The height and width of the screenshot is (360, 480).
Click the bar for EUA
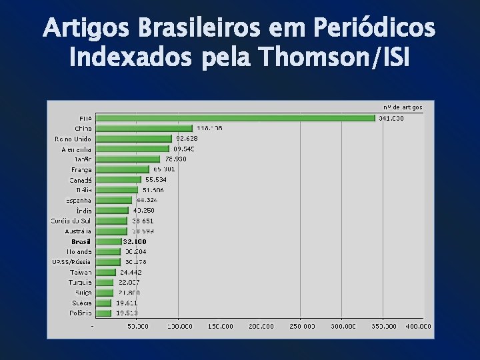point(235,118)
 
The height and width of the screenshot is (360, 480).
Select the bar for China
point(143,128)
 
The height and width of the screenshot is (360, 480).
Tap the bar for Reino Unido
point(133,139)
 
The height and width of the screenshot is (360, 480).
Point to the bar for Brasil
point(107,241)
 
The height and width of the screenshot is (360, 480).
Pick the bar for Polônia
point(103,313)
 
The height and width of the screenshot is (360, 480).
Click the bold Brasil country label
point(81,241)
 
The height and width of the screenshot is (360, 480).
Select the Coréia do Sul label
point(71,221)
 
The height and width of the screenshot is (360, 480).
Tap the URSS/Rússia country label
point(72,262)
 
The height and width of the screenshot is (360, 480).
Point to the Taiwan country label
point(80,272)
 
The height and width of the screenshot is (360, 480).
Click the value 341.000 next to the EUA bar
point(391,118)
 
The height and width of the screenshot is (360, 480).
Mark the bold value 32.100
point(135,241)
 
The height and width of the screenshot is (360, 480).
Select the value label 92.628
point(187,139)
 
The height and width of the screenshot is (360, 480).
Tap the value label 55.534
point(155,179)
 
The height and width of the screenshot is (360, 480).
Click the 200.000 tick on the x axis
point(261,327)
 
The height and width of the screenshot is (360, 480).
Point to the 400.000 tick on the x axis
point(418,327)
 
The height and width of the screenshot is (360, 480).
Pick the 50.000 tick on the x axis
point(138,327)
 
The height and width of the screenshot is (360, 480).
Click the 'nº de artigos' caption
point(402,107)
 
